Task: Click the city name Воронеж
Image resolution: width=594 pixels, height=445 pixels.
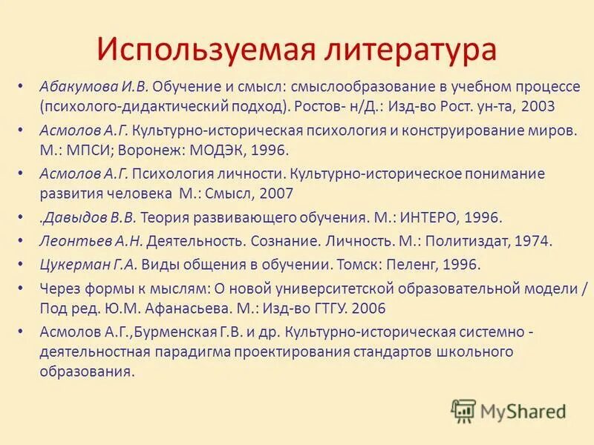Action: pyautogui.click(x=140, y=151)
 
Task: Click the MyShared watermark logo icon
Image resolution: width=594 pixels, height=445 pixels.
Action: pyautogui.click(x=463, y=410)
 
